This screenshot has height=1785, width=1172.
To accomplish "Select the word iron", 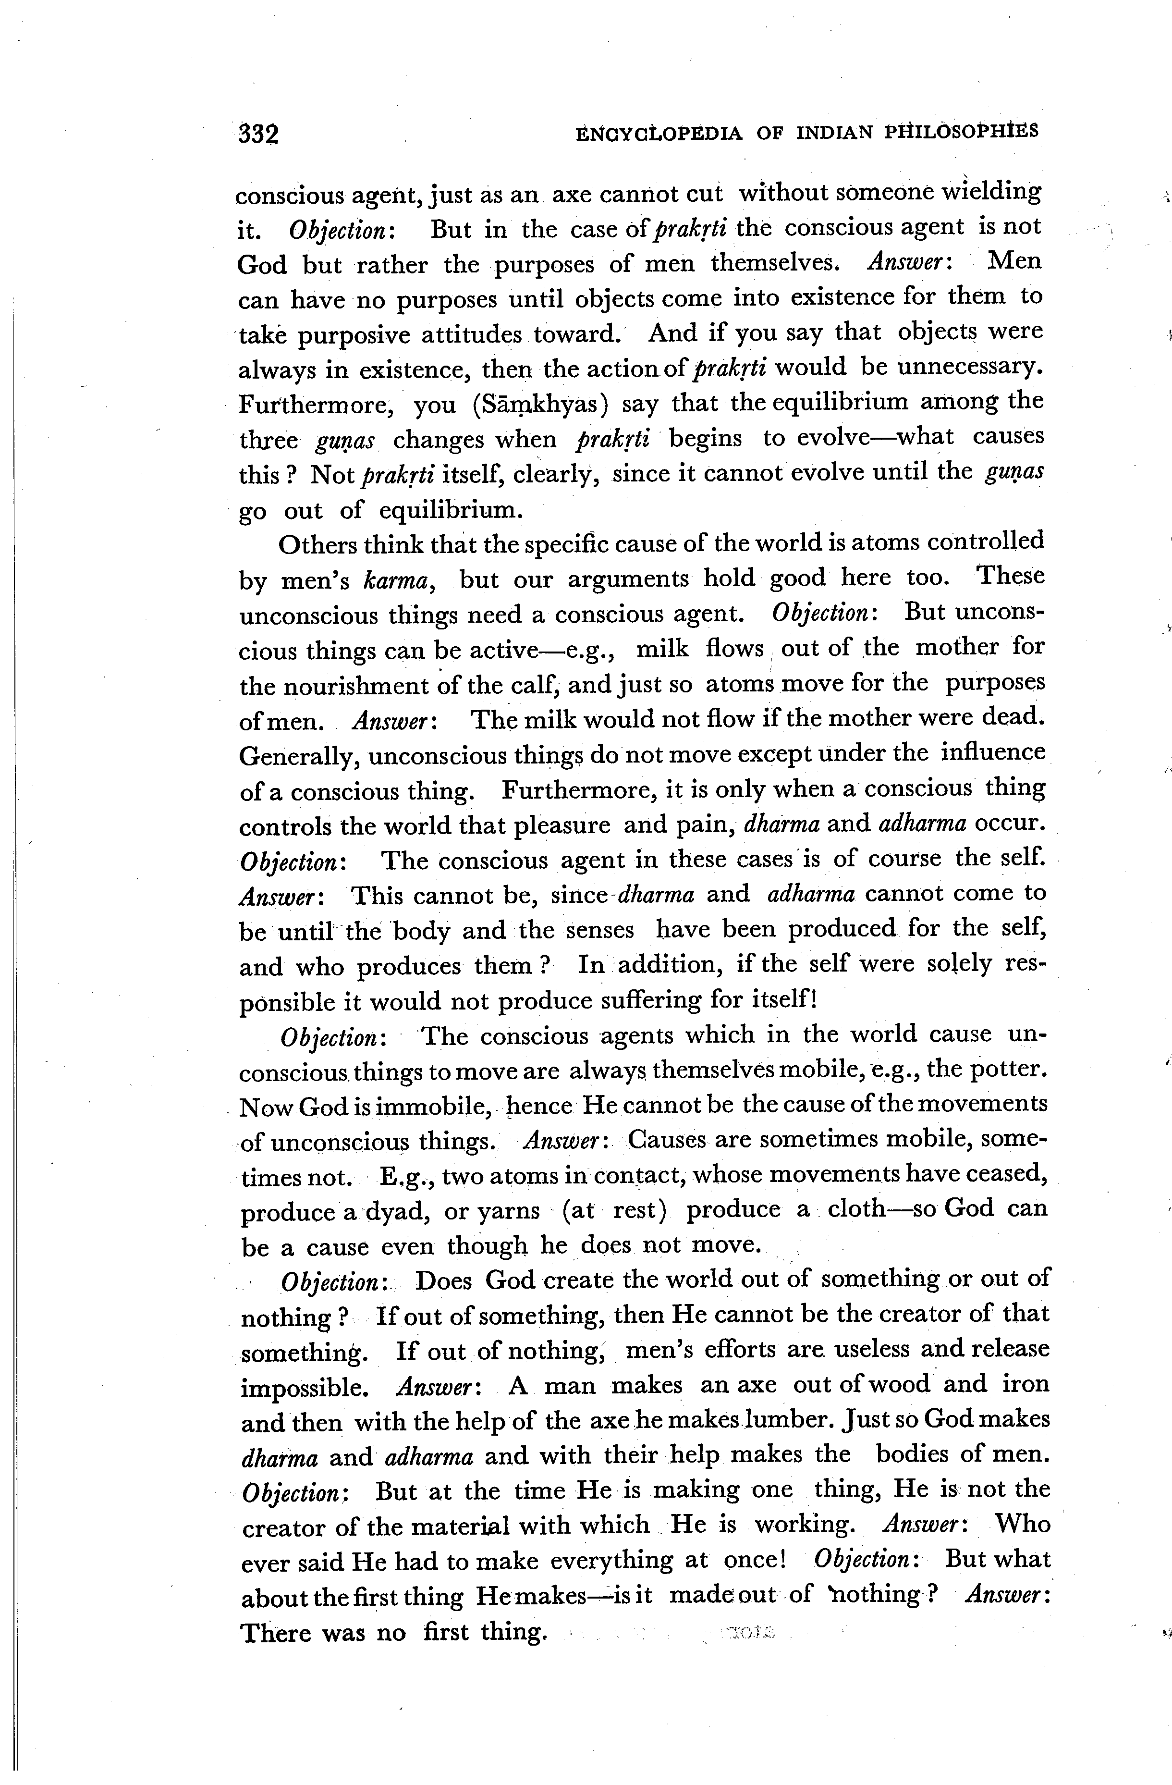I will tap(1026, 1384).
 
